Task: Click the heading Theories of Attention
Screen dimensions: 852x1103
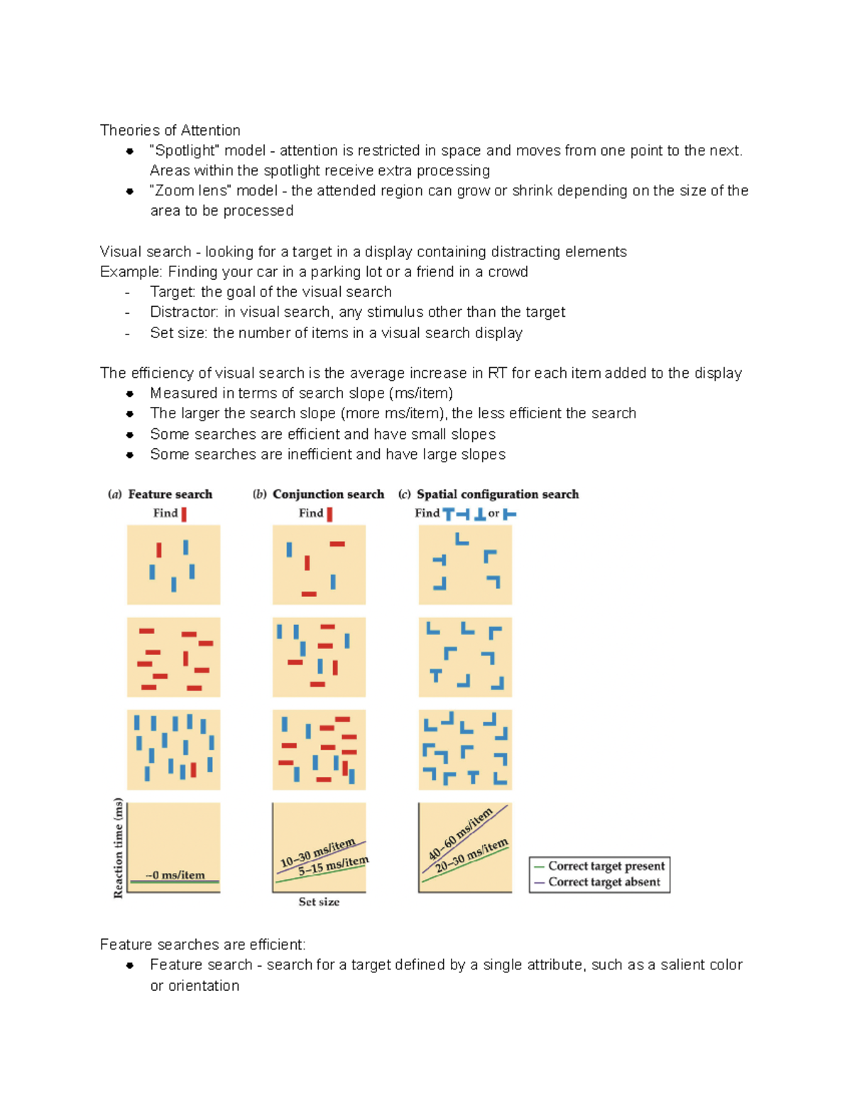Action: (170, 130)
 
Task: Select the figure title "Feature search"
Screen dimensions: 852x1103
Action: (170, 494)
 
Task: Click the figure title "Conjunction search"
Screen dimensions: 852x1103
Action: (328, 494)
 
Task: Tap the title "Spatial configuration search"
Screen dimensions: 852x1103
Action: (497, 494)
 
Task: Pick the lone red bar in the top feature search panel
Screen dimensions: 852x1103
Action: (159, 550)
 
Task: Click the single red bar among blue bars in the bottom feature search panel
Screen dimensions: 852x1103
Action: (193, 770)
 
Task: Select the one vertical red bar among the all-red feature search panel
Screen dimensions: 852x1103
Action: (186, 658)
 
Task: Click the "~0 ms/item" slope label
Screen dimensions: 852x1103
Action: (175, 875)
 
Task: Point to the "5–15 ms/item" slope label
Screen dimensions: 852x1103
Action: (333, 865)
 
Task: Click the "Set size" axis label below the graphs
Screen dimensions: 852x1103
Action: (319, 902)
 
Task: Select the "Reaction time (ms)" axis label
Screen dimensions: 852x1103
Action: (119, 848)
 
